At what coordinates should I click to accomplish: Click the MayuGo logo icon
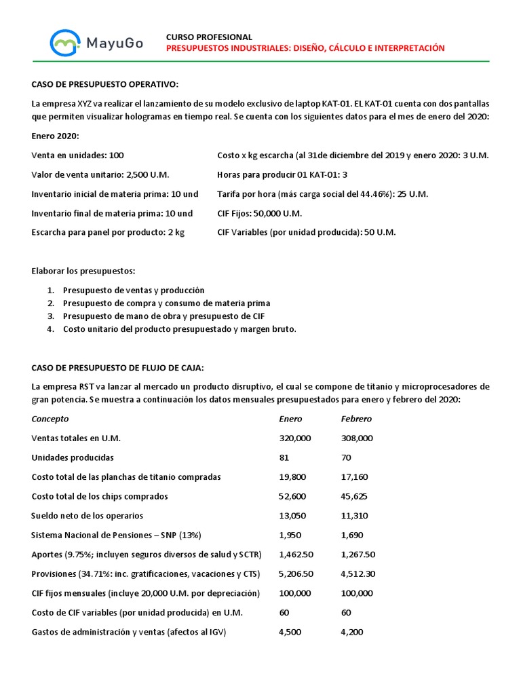click(x=65, y=43)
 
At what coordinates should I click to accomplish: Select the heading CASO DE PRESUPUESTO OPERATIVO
click(x=105, y=84)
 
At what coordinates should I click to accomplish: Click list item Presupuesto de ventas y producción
click(x=133, y=290)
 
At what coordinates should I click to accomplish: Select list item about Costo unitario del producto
click(x=179, y=329)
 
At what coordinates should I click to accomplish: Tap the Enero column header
click(x=290, y=419)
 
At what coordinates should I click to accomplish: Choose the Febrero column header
click(x=356, y=419)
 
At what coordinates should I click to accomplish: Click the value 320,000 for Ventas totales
click(x=295, y=438)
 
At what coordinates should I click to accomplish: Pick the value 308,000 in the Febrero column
click(x=357, y=438)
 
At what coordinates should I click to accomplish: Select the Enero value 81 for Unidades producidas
click(x=284, y=457)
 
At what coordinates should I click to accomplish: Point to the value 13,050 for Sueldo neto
click(x=292, y=516)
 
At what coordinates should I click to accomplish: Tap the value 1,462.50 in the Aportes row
click(x=296, y=555)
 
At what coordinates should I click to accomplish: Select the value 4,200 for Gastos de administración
click(x=352, y=632)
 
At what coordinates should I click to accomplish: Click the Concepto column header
click(x=50, y=419)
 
